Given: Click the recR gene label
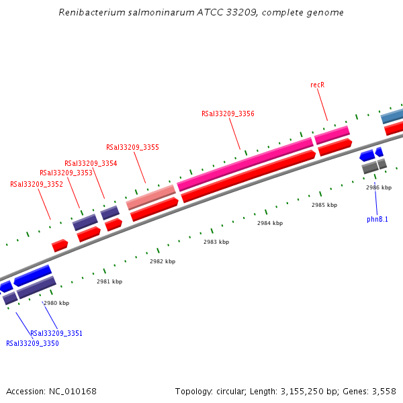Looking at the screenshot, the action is [318, 85].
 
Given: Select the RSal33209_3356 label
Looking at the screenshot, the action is [228, 114].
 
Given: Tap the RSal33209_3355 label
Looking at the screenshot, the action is [132, 147].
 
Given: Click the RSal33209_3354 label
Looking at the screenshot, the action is [91, 163].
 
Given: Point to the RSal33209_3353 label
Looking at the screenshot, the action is [66, 173].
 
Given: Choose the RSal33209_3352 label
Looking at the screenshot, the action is [36, 184].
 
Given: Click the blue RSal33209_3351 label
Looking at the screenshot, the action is [56, 333].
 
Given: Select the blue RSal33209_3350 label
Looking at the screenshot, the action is [32, 343].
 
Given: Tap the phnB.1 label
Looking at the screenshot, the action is [377, 219].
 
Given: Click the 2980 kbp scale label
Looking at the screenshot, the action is [56, 303].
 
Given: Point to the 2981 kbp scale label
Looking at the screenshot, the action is [109, 282].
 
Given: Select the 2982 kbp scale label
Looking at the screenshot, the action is [163, 261].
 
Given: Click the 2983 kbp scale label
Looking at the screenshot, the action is [216, 242].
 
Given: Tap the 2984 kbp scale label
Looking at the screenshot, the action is [270, 223].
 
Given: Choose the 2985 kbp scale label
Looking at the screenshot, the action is [324, 205].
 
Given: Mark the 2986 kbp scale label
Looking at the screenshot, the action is [379, 187].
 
